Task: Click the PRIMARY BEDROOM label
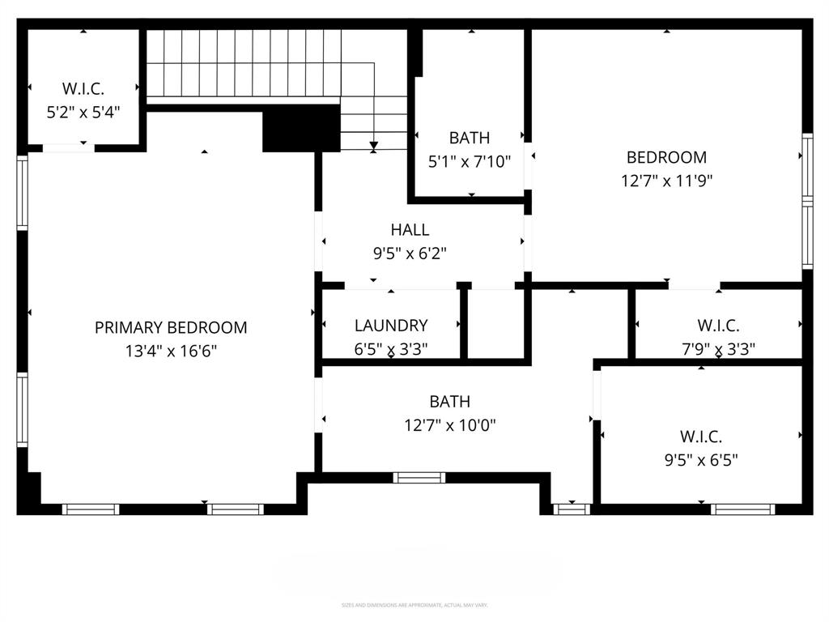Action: (171, 328)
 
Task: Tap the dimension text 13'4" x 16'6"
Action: (171, 351)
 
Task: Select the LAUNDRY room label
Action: (391, 326)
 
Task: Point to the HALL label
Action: (410, 230)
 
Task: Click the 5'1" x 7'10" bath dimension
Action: (470, 162)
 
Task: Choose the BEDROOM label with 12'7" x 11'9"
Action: (666, 157)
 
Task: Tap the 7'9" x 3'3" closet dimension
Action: (718, 349)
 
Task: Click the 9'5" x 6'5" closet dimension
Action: (701, 460)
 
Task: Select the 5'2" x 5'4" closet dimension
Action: (83, 112)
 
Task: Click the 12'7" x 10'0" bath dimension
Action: (450, 424)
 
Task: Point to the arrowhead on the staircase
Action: (373, 147)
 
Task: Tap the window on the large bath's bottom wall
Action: (419, 478)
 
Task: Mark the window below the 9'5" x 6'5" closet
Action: (742, 509)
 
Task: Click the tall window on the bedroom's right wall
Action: (807, 200)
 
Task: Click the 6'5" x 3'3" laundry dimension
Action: (391, 349)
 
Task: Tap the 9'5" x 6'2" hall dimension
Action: (410, 253)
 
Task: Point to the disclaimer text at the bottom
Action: (414, 605)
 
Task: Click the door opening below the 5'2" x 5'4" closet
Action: (68, 147)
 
